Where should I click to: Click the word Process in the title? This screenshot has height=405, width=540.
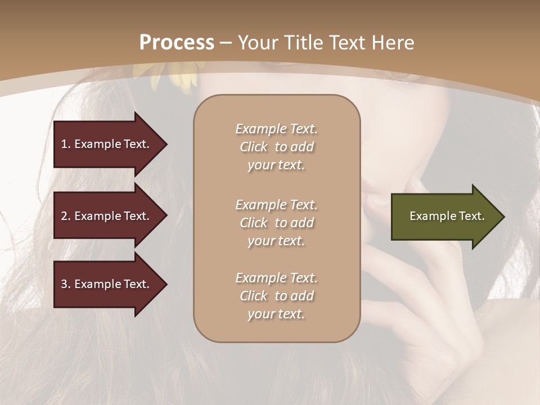coord(177,43)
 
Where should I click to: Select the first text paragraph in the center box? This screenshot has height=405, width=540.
coord(276,147)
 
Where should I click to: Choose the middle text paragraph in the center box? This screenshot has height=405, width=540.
coord(276,223)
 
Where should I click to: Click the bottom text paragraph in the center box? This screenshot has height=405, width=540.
coord(276,296)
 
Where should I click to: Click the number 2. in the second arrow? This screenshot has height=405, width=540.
coord(66,217)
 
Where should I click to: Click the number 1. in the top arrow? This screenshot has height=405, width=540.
coord(66,145)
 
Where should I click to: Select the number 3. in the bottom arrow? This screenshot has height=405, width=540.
coord(66,285)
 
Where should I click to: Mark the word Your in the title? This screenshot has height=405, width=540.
coord(256,43)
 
